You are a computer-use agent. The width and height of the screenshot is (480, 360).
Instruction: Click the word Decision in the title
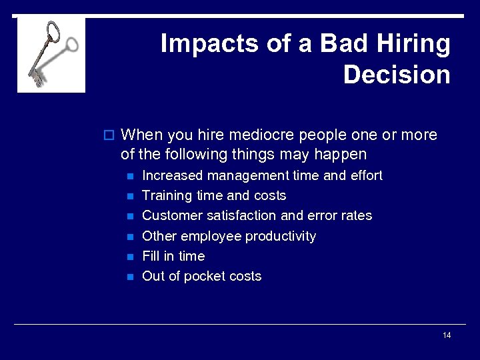[x=397, y=74]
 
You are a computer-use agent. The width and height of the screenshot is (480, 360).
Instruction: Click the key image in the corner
[x=51, y=55]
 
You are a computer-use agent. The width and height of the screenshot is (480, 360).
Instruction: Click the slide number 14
[x=447, y=335]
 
